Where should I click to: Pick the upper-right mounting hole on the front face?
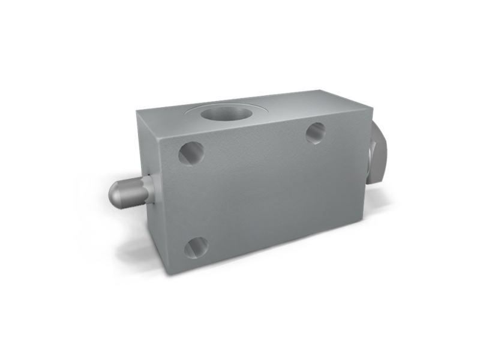[x=316, y=133]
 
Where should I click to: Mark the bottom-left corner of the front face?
[x=170, y=274]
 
